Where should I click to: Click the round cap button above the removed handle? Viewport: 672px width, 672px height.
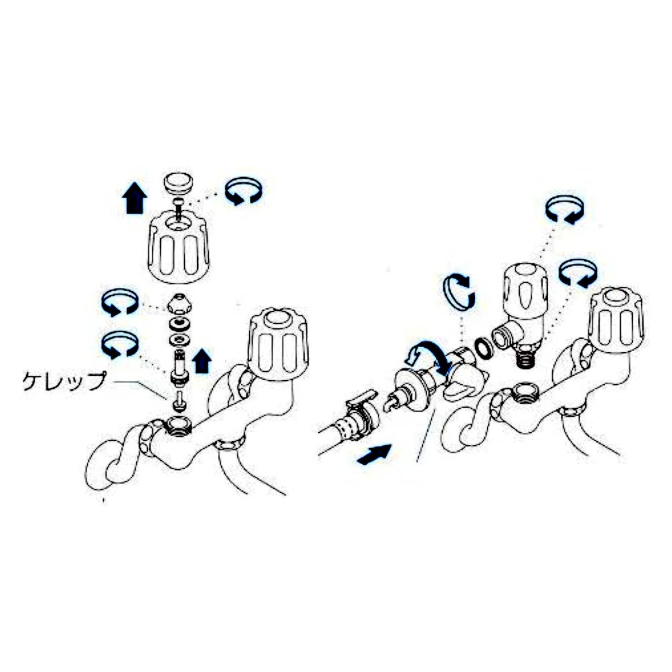pyautogui.click(x=178, y=183)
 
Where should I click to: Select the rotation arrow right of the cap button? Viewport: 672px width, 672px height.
pyautogui.click(x=243, y=192)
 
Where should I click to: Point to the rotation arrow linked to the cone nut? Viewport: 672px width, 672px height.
pyautogui.click(x=119, y=302)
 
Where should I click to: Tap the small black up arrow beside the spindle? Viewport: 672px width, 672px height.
pyautogui.click(x=202, y=361)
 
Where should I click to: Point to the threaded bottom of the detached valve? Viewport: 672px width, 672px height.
pyautogui.click(x=526, y=357)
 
